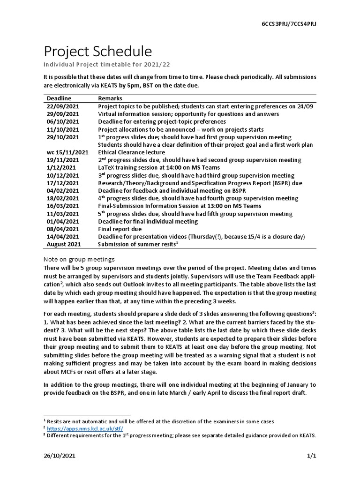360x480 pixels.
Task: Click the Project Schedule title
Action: pyautogui.click(x=97, y=52)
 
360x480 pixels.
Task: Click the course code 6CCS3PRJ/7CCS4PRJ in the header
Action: pyautogui.click(x=289, y=24)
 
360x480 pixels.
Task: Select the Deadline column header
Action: pyautogui.click(x=59, y=98)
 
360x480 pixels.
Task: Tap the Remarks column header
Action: pyautogui.click(x=110, y=98)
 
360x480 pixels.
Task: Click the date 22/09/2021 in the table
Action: pyautogui.click(x=63, y=106)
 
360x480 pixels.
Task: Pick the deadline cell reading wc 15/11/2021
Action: pyautogui.click(x=67, y=152)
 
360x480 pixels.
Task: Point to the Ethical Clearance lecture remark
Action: pyautogui.click(x=131, y=152)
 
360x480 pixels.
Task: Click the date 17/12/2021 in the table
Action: pyautogui.click(x=63, y=183)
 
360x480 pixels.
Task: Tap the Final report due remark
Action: pyautogui.click(x=120, y=229)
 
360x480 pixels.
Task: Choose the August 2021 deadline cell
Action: pyautogui.click(x=64, y=244)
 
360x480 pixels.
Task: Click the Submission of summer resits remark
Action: pyautogui.click(x=137, y=244)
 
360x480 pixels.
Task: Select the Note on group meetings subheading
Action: pyautogui.click(x=79, y=259)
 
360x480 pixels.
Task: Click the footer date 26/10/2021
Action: pyautogui.click(x=60, y=455)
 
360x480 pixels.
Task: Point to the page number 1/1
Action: pyautogui.click(x=312, y=455)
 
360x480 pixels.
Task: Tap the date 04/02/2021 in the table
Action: pyautogui.click(x=63, y=191)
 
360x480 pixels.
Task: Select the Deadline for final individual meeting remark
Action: pyautogui.click(x=148, y=221)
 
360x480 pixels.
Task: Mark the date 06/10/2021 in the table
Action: pyautogui.click(x=63, y=122)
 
